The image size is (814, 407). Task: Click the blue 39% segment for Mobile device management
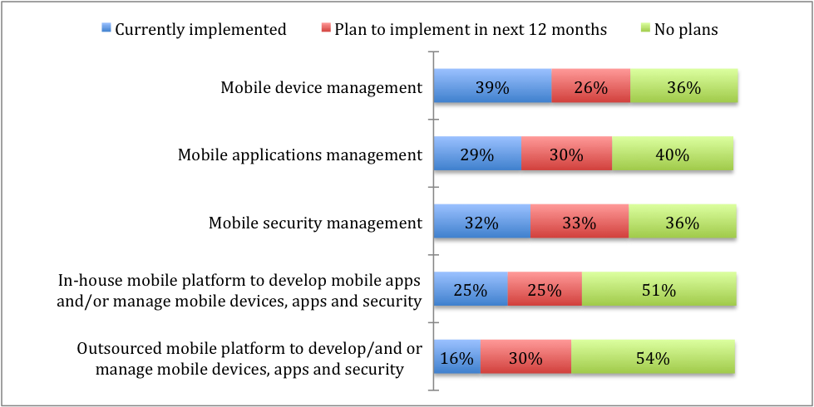(493, 86)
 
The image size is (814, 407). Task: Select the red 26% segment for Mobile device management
(590, 86)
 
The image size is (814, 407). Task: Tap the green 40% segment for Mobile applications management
(672, 154)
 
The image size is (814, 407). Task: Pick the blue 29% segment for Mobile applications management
(478, 154)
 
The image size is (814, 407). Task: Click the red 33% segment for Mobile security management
(579, 223)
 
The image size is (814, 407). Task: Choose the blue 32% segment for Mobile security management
(482, 223)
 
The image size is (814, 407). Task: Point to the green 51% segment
(659, 291)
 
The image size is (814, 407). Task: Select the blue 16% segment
(457, 359)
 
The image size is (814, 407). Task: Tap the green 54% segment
(653, 359)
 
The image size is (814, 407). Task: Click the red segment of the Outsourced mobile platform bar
(525, 359)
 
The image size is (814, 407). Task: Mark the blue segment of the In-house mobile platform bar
(471, 291)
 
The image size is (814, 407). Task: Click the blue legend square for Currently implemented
(105, 30)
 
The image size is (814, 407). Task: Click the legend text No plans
(684, 30)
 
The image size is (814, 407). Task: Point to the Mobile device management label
(321, 86)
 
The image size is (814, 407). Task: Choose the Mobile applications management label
(300, 154)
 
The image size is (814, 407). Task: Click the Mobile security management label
(315, 223)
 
